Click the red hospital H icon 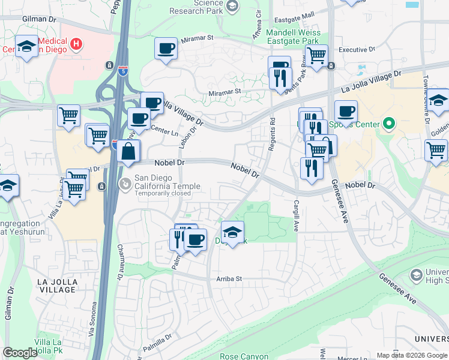pyautogui.click(x=76, y=43)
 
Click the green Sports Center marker pyautogui.click(x=388, y=124)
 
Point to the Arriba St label pyautogui.click(x=229, y=279)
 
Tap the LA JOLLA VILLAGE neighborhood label pyautogui.click(x=57, y=285)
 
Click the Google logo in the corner pyautogui.click(x=20, y=353)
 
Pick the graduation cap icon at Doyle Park pyautogui.click(x=233, y=232)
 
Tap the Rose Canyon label pyautogui.click(x=244, y=356)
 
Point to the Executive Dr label pyautogui.click(x=357, y=50)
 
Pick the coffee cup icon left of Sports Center pyautogui.click(x=346, y=111)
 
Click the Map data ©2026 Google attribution pyautogui.click(x=412, y=355)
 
